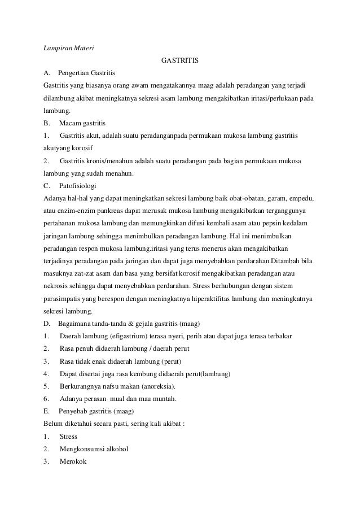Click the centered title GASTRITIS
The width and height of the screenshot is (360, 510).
coord(179,59)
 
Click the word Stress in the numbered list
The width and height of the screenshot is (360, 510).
coord(68,437)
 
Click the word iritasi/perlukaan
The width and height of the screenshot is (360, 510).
coord(267,98)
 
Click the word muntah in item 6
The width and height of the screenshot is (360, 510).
coord(163,399)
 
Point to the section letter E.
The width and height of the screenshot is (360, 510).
coord(46,411)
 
